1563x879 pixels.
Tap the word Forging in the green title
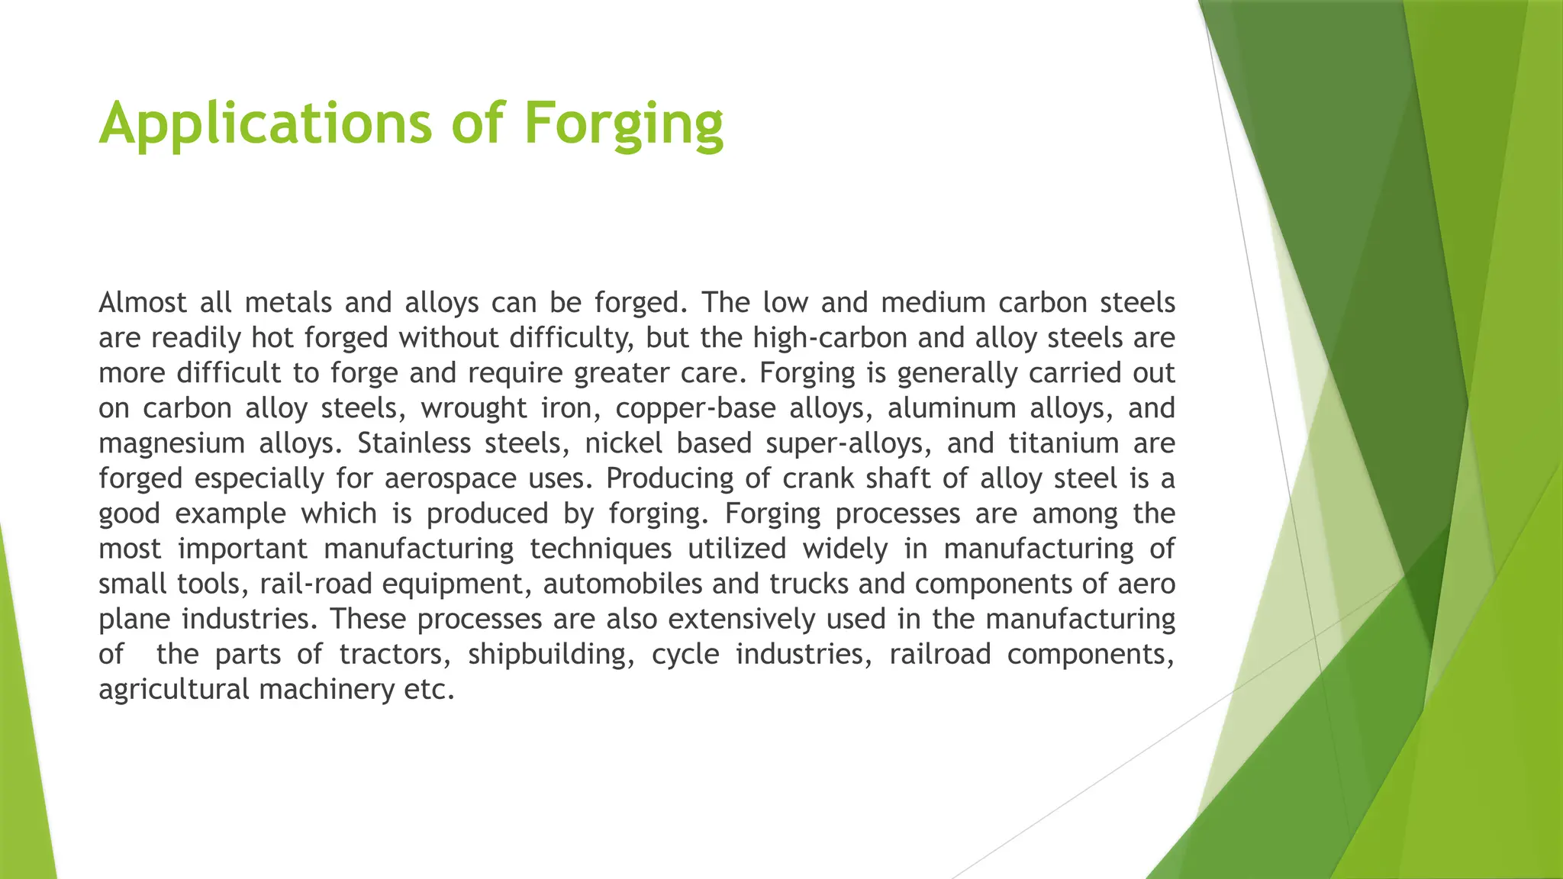click(624, 124)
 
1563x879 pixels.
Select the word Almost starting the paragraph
click(143, 303)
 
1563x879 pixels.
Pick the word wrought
click(474, 408)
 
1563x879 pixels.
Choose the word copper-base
click(695, 408)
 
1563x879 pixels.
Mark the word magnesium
click(170, 443)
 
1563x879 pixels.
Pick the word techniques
click(601, 549)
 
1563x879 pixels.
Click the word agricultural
click(174, 689)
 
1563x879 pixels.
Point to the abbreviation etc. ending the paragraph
click(429, 689)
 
